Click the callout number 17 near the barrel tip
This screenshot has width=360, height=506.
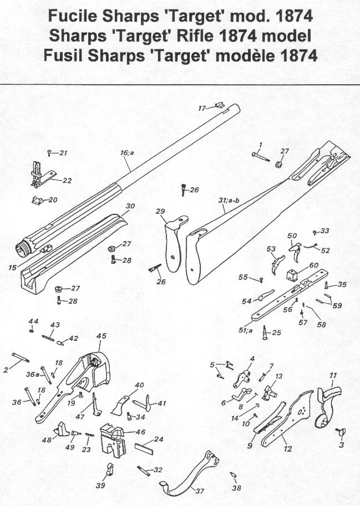click(x=202, y=108)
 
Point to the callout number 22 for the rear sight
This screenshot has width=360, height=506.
click(x=68, y=180)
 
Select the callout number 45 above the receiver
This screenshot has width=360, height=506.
click(x=101, y=336)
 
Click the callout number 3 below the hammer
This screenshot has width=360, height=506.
click(x=341, y=445)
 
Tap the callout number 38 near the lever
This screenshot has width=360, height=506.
click(x=237, y=488)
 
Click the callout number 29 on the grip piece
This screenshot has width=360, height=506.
click(x=161, y=212)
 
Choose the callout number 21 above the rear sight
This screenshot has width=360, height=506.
click(x=63, y=153)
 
